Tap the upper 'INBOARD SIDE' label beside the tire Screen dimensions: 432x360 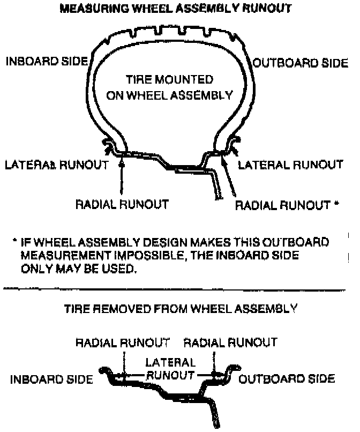tap(47, 62)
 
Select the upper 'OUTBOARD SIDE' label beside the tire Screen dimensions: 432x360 tap(300, 63)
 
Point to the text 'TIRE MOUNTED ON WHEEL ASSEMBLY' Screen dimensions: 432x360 tap(170, 88)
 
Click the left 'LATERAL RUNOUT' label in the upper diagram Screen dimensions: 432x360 tap(56, 164)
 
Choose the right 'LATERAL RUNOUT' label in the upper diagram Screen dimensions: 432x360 tap(290, 164)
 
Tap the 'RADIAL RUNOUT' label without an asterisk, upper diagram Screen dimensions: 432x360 tap(122, 204)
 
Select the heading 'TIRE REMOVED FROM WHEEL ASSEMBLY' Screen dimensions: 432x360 tap(180, 309)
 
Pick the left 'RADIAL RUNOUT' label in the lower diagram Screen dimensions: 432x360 tap(123, 342)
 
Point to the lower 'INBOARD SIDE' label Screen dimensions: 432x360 tap(51, 379)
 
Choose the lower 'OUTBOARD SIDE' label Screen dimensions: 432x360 tap(287, 379)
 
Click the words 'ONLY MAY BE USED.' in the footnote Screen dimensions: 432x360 tap(78, 269)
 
